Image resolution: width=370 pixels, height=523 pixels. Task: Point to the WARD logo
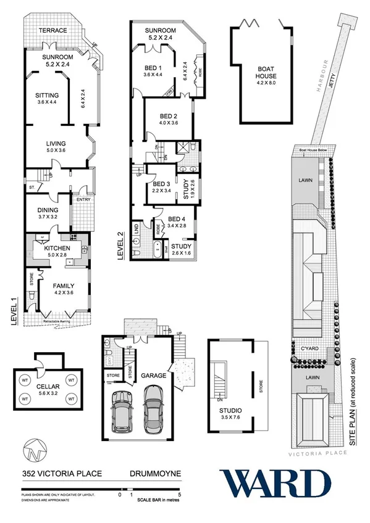pyautogui.click(x=275, y=483)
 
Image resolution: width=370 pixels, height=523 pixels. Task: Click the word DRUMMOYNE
pyautogui.click(x=155, y=474)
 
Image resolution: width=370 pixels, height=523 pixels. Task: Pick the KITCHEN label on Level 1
pyautogui.click(x=56, y=248)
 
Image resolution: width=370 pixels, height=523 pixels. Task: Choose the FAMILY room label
pyautogui.click(x=63, y=286)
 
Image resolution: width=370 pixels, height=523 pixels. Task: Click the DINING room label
pyautogui.click(x=44, y=210)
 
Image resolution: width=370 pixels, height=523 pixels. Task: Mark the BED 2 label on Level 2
pyautogui.click(x=168, y=116)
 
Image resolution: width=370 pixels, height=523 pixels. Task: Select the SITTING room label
pyautogui.click(x=47, y=96)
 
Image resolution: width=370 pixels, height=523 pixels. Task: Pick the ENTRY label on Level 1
pyautogui.click(x=83, y=199)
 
